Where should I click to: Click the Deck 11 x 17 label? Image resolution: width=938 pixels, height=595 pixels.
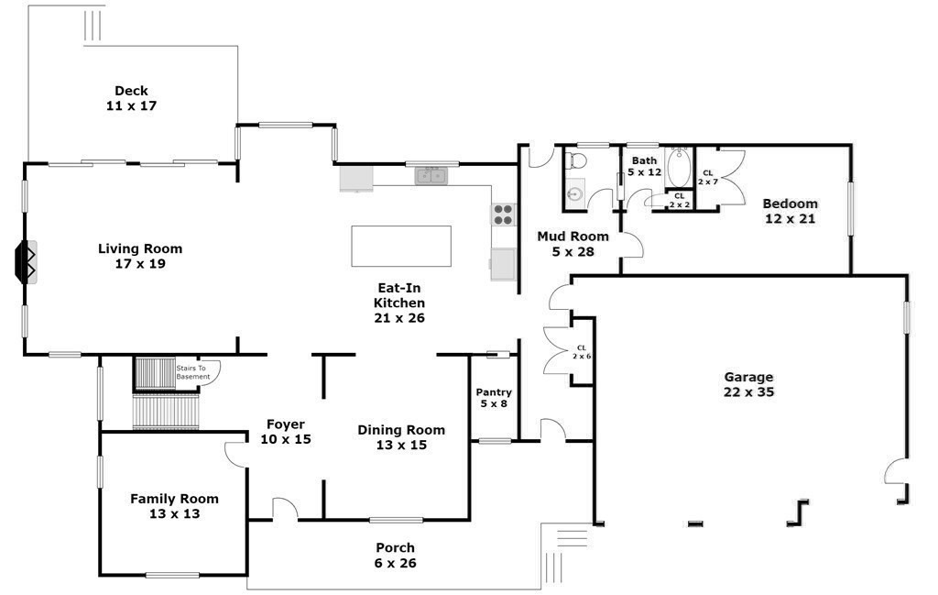[x=131, y=98]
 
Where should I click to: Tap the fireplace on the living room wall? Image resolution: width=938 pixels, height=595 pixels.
[x=25, y=262]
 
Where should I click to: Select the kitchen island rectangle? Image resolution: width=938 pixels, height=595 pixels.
[x=401, y=246]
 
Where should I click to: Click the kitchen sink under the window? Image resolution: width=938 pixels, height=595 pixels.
[x=430, y=175]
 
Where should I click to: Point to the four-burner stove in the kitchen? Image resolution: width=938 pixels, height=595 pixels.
[x=503, y=215]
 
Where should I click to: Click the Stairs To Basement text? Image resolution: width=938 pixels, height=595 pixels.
[x=192, y=372]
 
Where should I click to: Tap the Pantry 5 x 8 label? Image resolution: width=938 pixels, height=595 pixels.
[x=494, y=398]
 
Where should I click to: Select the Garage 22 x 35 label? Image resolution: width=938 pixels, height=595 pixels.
[x=748, y=384]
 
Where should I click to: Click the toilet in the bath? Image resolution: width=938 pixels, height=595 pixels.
[x=576, y=161]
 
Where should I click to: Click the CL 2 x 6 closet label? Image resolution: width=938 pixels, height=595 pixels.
[x=582, y=351]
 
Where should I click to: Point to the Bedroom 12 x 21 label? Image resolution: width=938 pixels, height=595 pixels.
[x=790, y=211]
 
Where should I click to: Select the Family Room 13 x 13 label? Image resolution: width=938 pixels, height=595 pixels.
[x=174, y=506]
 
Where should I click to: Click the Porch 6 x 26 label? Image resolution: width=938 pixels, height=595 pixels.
[x=396, y=556]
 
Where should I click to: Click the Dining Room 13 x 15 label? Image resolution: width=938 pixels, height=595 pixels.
[x=401, y=437]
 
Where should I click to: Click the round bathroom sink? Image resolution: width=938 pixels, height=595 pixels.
[x=574, y=193]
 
